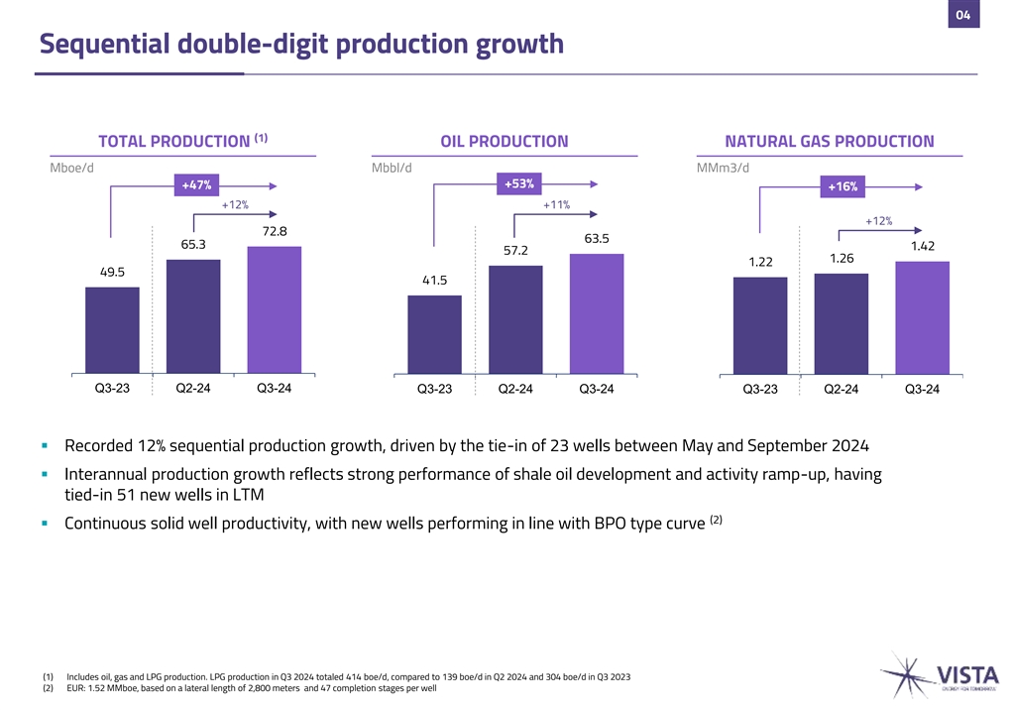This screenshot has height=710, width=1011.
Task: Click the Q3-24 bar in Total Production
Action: (x=275, y=309)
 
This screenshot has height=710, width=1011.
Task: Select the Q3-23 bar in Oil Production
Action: (x=434, y=335)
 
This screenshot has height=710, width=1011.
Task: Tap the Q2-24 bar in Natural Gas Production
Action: (x=841, y=324)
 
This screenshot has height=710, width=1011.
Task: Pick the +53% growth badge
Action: (x=519, y=183)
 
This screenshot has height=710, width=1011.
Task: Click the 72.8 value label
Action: (x=275, y=232)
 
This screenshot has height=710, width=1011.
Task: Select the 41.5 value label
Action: (x=433, y=282)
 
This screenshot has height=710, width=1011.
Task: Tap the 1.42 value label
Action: (x=923, y=246)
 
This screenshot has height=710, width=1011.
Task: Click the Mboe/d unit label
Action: (x=71, y=167)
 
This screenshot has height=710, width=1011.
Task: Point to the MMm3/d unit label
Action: (x=724, y=167)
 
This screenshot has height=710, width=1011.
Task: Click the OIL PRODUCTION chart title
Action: (x=504, y=142)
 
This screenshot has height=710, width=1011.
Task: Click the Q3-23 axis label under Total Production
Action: (x=112, y=388)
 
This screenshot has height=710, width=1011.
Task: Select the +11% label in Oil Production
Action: (x=556, y=205)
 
